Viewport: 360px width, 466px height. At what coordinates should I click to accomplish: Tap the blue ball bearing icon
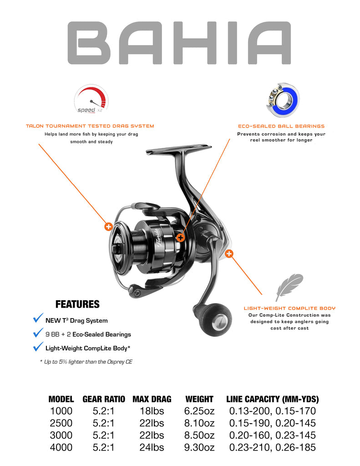pos(283,100)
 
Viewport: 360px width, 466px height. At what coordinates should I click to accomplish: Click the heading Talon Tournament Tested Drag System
pos(90,126)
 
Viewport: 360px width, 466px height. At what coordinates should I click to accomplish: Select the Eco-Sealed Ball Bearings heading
pos(281,127)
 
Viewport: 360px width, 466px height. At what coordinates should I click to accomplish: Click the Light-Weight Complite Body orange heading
pos(289,309)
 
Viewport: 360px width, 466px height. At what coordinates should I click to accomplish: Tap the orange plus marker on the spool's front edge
pos(108,227)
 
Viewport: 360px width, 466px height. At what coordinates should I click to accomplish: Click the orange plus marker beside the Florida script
pos(180,238)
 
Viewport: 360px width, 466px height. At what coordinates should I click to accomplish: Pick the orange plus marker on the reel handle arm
pos(229,254)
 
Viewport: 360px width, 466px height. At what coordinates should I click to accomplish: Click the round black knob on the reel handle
pos(217,319)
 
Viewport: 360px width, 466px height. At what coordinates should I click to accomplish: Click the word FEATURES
pos(77,304)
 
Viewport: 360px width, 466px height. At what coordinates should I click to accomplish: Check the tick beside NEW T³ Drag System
pos(38,318)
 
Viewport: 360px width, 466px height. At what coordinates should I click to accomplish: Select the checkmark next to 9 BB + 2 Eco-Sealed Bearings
pos(38,332)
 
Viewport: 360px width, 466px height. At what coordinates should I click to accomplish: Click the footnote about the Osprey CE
pos(86,362)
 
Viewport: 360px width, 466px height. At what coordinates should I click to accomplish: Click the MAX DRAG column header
pos(152,399)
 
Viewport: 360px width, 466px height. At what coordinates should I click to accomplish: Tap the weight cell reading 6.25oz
pos(199,411)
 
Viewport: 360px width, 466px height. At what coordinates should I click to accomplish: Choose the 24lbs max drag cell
pos(152,447)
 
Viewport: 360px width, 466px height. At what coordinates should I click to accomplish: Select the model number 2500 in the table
pos(61,423)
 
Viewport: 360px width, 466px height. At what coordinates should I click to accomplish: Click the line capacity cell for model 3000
pos(272,436)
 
